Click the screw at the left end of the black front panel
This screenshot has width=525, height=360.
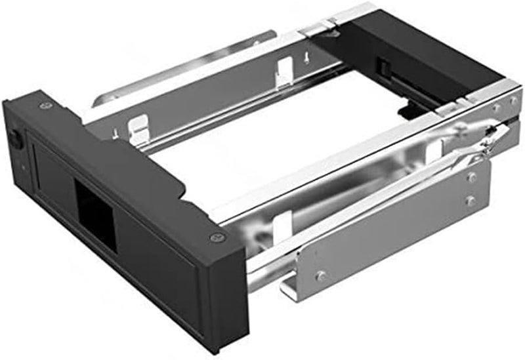click(44, 106)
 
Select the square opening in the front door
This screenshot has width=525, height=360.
click(94, 209)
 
